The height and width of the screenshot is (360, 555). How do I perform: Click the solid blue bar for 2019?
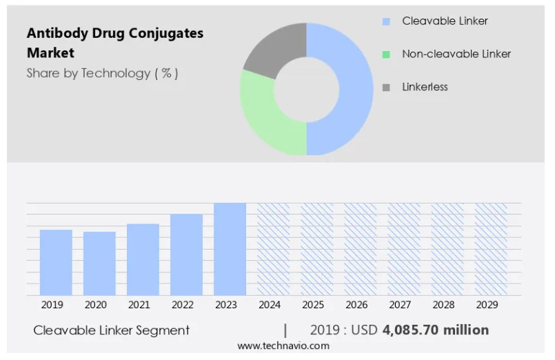(56, 262)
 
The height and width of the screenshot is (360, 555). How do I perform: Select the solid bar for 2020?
(99, 263)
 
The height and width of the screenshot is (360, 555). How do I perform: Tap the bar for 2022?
(187, 254)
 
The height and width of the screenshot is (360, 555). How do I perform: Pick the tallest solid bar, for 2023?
(230, 249)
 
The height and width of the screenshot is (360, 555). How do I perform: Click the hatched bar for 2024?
(274, 249)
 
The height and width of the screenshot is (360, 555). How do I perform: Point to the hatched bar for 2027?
(404, 249)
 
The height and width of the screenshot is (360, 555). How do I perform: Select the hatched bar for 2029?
(491, 249)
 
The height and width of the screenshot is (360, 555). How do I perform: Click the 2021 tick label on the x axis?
(139, 305)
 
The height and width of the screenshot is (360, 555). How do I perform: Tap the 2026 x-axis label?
(356, 305)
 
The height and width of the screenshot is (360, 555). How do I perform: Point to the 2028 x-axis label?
(443, 305)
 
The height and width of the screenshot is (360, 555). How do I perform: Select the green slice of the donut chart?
(265, 121)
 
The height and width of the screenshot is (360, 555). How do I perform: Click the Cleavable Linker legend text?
(445, 21)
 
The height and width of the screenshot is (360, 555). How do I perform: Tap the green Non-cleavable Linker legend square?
(386, 54)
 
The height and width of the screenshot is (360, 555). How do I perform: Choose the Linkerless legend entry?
(425, 87)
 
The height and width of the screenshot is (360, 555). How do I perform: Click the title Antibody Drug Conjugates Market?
(114, 43)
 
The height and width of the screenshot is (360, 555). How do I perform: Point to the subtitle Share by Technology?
(102, 73)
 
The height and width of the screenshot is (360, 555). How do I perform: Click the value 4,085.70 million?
(435, 330)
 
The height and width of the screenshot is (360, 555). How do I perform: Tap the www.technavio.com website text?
(283, 346)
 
